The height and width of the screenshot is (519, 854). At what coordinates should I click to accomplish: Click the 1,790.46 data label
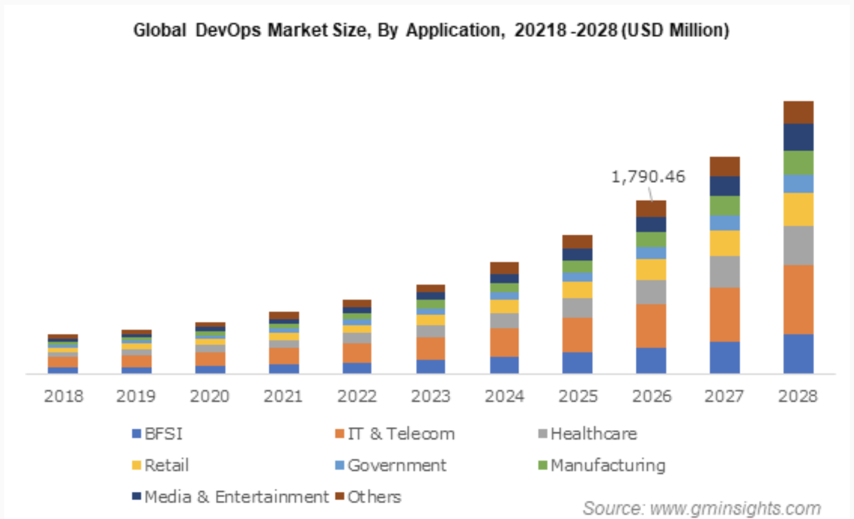click(648, 177)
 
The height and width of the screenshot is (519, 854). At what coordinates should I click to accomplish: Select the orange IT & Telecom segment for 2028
click(798, 299)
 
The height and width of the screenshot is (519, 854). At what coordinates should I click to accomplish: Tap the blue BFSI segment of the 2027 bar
click(724, 357)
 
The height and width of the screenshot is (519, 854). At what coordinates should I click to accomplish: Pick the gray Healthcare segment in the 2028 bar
click(798, 245)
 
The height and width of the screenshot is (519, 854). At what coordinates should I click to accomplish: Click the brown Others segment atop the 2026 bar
click(651, 209)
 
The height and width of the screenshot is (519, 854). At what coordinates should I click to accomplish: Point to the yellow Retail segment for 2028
click(798, 209)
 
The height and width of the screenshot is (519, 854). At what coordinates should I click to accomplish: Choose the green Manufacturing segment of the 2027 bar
click(724, 206)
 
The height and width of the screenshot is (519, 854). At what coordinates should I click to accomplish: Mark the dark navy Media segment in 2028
click(798, 137)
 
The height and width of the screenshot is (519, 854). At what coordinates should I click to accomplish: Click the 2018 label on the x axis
click(64, 396)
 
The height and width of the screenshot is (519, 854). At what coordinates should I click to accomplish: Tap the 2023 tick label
click(431, 396)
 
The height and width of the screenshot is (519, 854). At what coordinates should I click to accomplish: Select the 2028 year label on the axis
click(798, 396)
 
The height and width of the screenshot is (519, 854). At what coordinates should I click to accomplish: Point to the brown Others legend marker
click(340, 497)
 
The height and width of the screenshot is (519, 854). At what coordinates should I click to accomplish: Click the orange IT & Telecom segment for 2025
click(577, 335)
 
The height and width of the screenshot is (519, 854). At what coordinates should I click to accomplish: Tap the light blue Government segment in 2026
click(651, 253)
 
